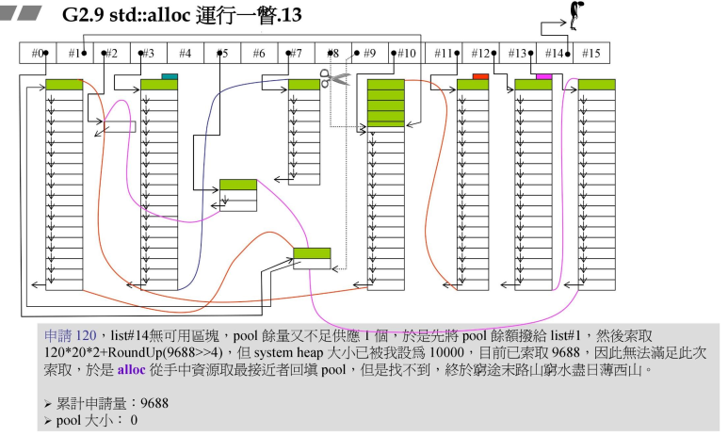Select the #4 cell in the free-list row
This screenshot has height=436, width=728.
(x=186, y=54)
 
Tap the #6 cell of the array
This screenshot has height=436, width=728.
(x=259, y=54)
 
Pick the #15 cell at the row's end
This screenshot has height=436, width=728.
(x=590, y=54)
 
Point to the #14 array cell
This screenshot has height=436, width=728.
(x=554, y=54)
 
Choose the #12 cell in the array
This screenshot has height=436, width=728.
(x=480, y=54)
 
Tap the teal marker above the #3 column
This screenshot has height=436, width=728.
(x=170, y=76)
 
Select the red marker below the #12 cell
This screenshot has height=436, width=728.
(x=480, y=76)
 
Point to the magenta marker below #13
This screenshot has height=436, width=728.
(x=543, y=76)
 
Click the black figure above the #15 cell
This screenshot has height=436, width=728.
(x=575, y=13)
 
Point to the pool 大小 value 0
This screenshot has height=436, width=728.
(x=134, y=420)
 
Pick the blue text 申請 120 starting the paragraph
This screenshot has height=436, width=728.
(x=71, y=335)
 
